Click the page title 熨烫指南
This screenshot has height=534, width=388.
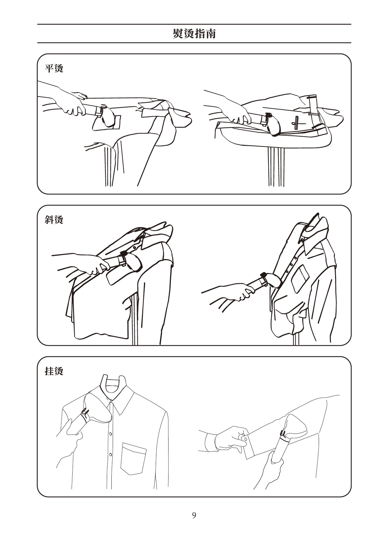194,33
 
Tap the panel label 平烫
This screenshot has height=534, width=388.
54,68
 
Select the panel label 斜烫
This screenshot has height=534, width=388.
54,220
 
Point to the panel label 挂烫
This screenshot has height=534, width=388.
54,371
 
